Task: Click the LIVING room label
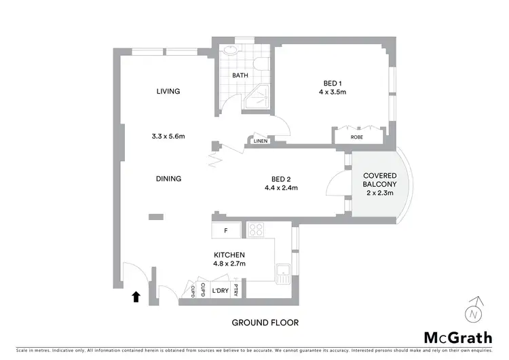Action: [x=168, y=92]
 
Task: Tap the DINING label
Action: [x=168, y=179]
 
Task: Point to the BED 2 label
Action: [x=282, y=179]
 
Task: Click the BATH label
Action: [x=240, y=76]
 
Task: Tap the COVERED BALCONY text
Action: [x=380, y=180]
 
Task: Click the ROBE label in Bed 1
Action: [x=357, y=137]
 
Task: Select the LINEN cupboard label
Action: [x=260, y=141]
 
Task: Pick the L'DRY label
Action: [x=219, y=291]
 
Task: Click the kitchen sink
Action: [x=283, y=274]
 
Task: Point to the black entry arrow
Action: [x=136, y=296]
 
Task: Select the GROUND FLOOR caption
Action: [x=265, y=323]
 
